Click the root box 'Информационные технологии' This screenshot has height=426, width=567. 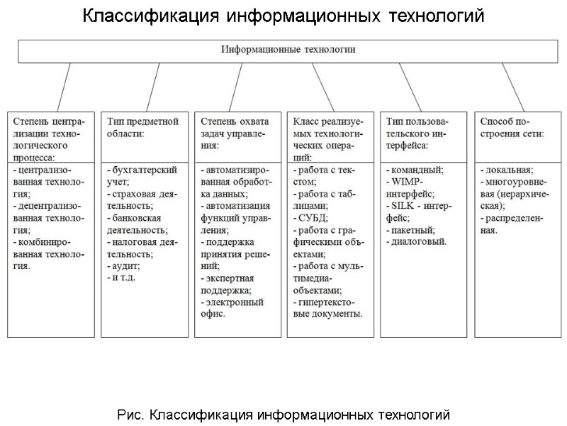(288, 50)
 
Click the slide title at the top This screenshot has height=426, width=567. (283, 16)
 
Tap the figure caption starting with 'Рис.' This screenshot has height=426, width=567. (283, 414)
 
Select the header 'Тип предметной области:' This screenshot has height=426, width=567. (137, 127)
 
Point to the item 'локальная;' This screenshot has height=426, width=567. (507, 170)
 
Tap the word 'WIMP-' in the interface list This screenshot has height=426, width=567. (407, 182)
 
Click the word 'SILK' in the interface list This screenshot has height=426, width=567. (405, 206)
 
